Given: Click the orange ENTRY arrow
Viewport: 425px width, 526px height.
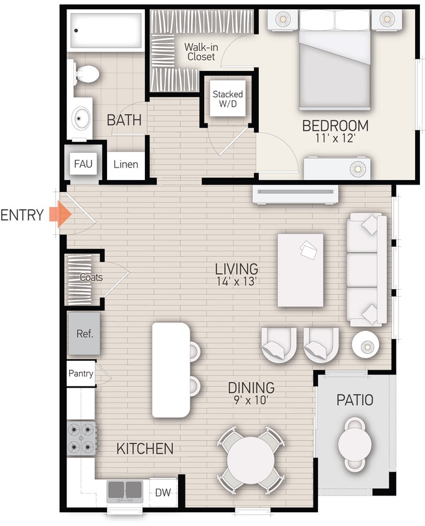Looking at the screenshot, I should tap(60, 215).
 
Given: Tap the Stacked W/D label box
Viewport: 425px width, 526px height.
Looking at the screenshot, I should tap(227, 98).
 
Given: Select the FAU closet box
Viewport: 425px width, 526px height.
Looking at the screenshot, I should tap(83, 164).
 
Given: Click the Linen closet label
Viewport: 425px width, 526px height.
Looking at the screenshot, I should tap(126, 165).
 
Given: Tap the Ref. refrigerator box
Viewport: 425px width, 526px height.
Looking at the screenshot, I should tap(84, 333).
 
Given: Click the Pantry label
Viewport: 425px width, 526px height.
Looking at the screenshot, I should tap(81, 374).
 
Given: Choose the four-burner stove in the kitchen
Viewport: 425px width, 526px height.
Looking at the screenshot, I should tap(82, 438).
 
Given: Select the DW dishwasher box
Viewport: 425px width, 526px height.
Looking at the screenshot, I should tap(164, 492).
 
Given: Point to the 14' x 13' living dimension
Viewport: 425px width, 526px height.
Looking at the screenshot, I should tap(236, 282).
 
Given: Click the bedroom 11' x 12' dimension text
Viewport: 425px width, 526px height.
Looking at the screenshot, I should tap(335, 138).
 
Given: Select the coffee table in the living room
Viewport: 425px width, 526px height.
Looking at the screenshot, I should tap(300, 270).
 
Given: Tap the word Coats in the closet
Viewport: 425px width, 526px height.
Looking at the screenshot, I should tap(91, 277).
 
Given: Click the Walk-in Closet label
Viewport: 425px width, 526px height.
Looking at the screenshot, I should tap(200, 52).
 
